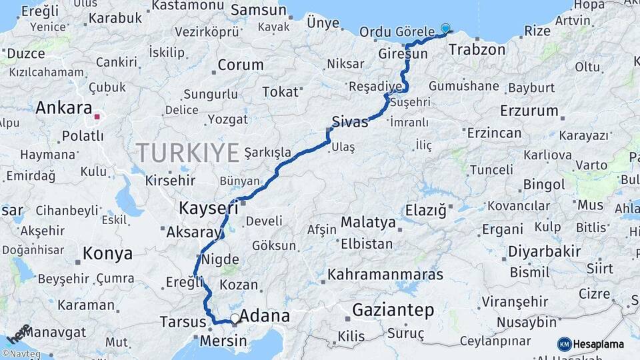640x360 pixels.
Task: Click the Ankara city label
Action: (x=63, y=108)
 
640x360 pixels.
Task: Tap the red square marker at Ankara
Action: (x=97, y=117)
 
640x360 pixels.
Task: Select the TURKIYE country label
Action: (x=188, y=153)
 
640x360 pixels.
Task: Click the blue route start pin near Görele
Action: (x=445, y=29)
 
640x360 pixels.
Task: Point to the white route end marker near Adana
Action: (x=235, y=319)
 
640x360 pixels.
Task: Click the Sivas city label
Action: (x=350, y=122)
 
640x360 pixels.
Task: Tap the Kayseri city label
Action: (x=209, y=209)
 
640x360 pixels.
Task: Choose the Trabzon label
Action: (x=477, y=49)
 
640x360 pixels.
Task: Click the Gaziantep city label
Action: (x=393, y=310)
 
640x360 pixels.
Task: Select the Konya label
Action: (x=107, y=254)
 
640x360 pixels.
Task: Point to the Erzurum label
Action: (x=529, y=111)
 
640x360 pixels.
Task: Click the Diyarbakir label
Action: (x=535, y=252)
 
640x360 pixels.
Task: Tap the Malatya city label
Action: (x=368, y=222)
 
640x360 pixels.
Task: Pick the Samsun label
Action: (x=258, y=11)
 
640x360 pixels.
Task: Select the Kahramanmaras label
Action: (x=385, y=275)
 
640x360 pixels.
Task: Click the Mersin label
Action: (x=223, y=342)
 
